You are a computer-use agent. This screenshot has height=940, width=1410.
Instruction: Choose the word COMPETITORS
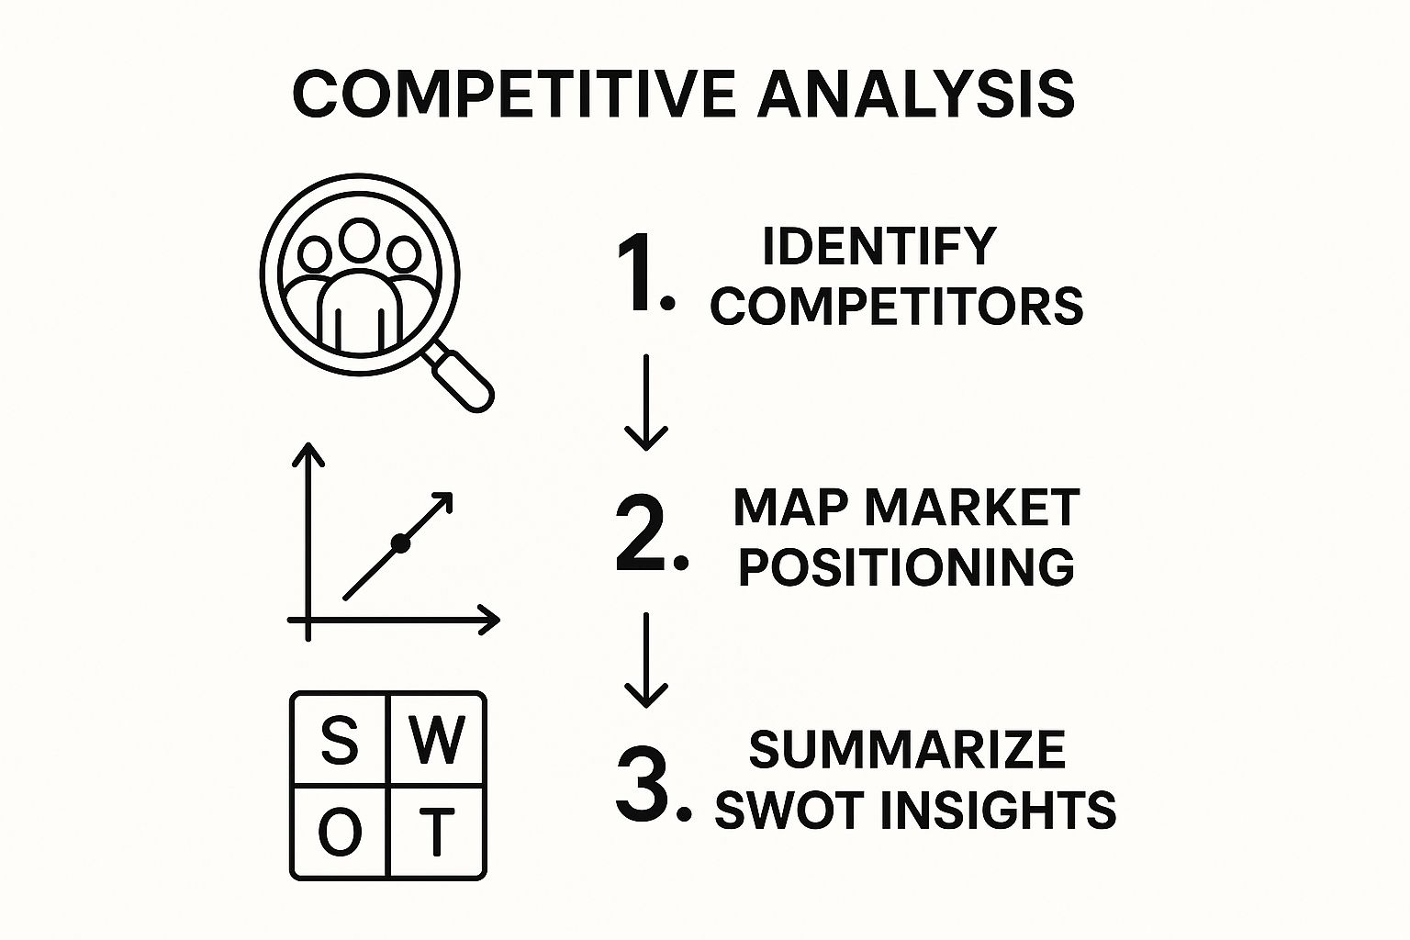896,306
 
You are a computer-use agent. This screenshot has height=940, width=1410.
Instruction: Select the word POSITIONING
906,566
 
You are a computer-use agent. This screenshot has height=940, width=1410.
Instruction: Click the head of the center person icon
358,240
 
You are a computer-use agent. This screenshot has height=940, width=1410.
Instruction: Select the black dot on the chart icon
399,543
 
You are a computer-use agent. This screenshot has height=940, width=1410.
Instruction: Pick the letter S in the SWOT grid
339,740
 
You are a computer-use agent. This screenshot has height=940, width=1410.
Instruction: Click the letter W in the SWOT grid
437,740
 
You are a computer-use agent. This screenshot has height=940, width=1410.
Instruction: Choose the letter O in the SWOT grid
339,833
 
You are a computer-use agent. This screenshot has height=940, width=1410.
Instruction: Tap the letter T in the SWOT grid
437,833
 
